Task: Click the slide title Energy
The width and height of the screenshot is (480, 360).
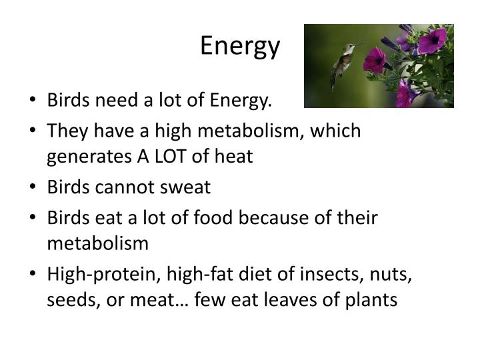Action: pos(240,46)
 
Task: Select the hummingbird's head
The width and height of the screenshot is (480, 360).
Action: pos(348,48)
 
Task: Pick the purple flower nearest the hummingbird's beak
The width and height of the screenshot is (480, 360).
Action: pos(375,59)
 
